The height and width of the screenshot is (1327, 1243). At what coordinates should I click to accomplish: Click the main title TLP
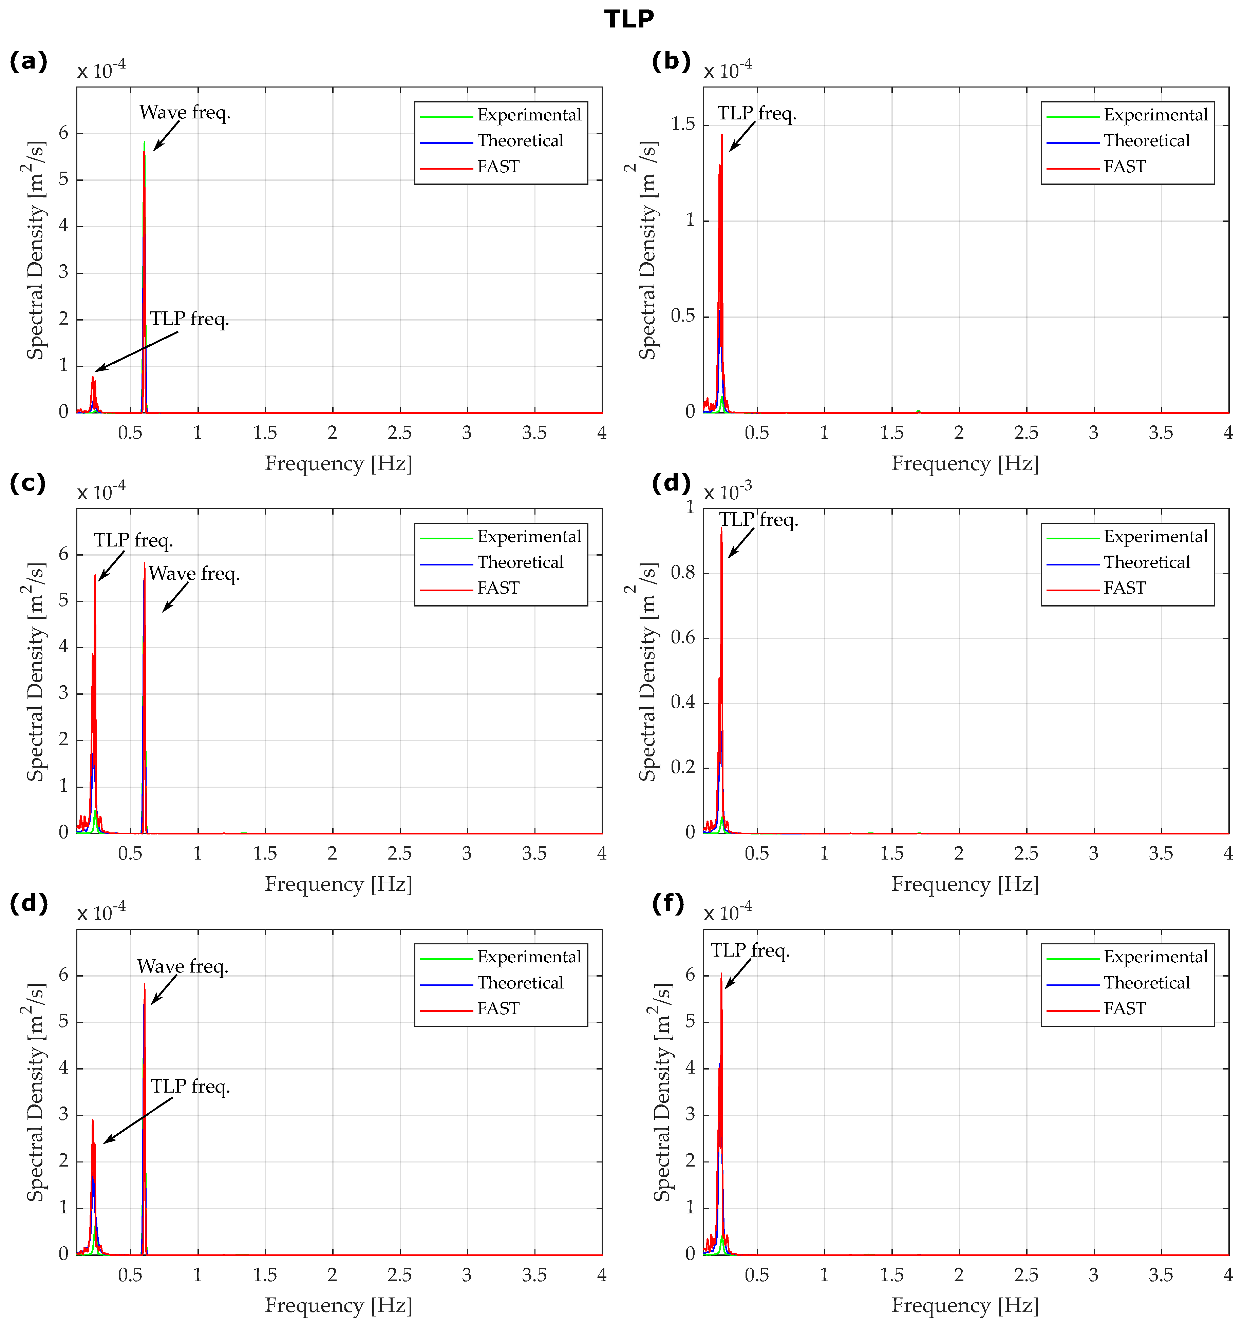(x=628, y=19)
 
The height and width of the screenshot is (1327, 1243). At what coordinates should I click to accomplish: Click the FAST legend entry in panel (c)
(x=498, y=588)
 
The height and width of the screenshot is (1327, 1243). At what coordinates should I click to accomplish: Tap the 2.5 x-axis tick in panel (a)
(x=399, y=432)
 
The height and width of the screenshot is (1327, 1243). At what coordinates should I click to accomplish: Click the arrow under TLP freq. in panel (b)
(x=741, y=137)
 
